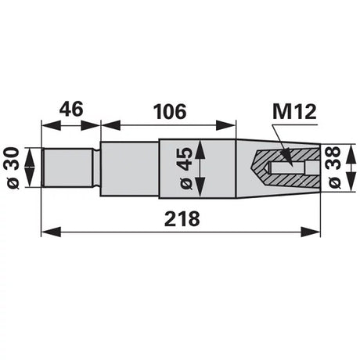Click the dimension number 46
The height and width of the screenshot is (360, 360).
click(71, 109)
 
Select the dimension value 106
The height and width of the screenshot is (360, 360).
click(170, 112)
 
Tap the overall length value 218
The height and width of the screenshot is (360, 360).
click(182, 219)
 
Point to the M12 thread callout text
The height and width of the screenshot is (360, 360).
click(294, 112)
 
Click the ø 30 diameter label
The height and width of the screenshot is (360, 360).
click(13, 167)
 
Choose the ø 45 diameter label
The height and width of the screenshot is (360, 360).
click(186, 168)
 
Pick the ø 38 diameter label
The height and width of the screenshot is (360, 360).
click(335, 167)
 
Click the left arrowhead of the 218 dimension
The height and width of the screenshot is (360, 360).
click(51, 232)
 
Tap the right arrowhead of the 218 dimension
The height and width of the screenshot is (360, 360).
click(311, 232)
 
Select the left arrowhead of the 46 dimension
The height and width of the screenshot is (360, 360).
click(51, 125)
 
